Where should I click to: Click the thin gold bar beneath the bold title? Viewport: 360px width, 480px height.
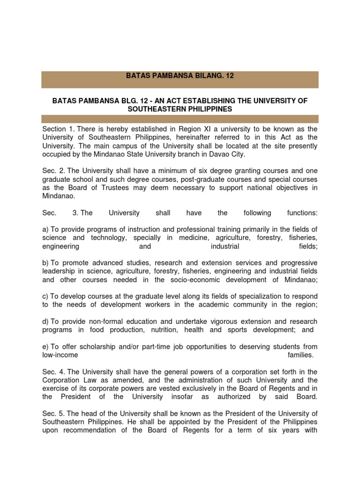[180, 119]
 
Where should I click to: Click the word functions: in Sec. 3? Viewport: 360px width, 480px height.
[302, 213]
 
